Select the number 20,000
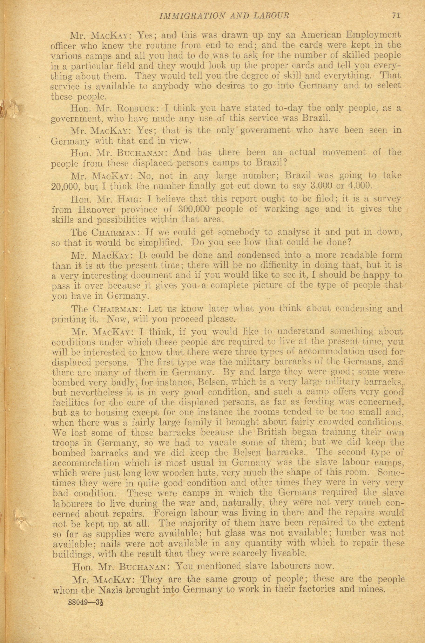pyautogui.click(x=65, y=187)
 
